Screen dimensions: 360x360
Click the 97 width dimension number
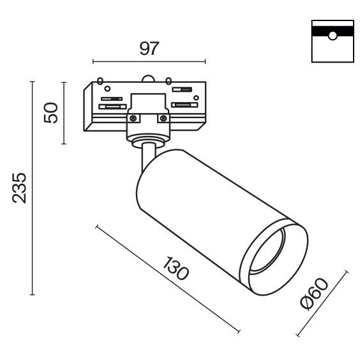click(x=149, y=49)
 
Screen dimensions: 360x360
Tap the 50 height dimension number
click(x=51, y=113)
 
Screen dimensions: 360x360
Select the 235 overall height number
click(x=19, y=188)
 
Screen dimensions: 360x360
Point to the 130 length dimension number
click(x=176, y=269)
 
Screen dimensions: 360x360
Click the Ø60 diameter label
click(x=314, y=294)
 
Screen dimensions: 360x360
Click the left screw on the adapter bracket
click(x=133, y=119)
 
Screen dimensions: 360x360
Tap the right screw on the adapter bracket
click(x=163, y=119)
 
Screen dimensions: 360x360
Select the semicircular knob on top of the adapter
click(x=148, y=79)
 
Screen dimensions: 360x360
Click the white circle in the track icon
click(x=333, y=36)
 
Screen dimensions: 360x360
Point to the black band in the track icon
click(x=333, y=31)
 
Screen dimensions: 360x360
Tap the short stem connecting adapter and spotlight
click(x=148, y=157)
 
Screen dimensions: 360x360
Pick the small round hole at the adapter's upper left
click(x=107, y=88)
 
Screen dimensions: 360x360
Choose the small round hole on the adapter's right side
click(x=196, y=98)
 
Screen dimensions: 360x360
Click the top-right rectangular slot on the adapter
click(x=182, y=89)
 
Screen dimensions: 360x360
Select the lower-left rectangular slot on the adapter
click(x=113, y=107)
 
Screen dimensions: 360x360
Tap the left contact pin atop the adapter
click(x=100, y=81)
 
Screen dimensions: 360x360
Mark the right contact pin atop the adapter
click(x=169, y=80)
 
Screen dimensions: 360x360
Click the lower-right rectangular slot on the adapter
click(x=184, y=105)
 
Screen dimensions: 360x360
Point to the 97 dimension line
click(x=149, y=61)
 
